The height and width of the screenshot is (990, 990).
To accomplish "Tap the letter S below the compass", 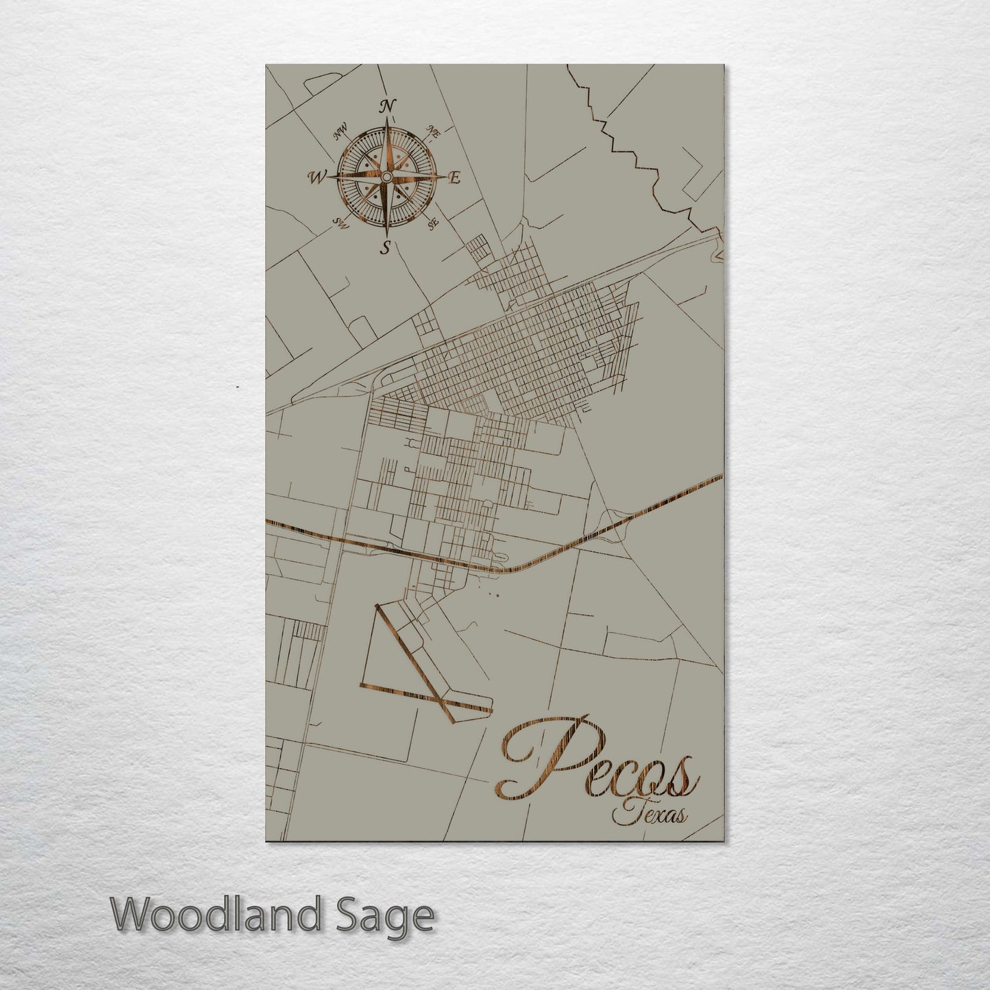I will pyautogui.click(x=387, y=247).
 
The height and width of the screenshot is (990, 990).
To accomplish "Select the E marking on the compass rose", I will pyautogui.click(x=453, y=178).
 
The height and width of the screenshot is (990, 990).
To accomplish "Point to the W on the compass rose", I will pyautogui.click(x=318, y=177).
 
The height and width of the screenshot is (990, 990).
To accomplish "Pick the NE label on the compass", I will pyautogui.click(x=433, y=132).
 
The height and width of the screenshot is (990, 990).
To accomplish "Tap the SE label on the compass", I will pyautogui.click(x=433, y=223).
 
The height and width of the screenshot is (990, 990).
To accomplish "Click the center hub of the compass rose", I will pyautogui.click(x=386, y=177).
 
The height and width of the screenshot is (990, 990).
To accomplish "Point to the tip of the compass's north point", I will pyautogui.click(x=387, y=122).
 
